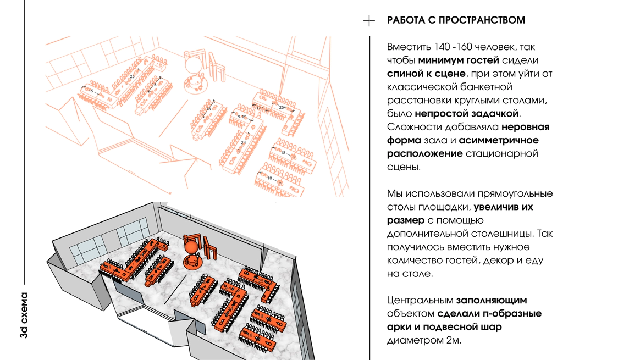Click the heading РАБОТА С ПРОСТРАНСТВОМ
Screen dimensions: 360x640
456,20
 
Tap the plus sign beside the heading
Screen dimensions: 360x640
369,21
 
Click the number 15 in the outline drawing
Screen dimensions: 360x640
91,90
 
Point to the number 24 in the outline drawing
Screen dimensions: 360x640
243,142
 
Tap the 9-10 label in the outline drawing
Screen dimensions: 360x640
242,117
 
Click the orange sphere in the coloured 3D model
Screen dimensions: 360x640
191,247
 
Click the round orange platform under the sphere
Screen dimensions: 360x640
193,262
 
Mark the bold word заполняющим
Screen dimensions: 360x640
492,300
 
